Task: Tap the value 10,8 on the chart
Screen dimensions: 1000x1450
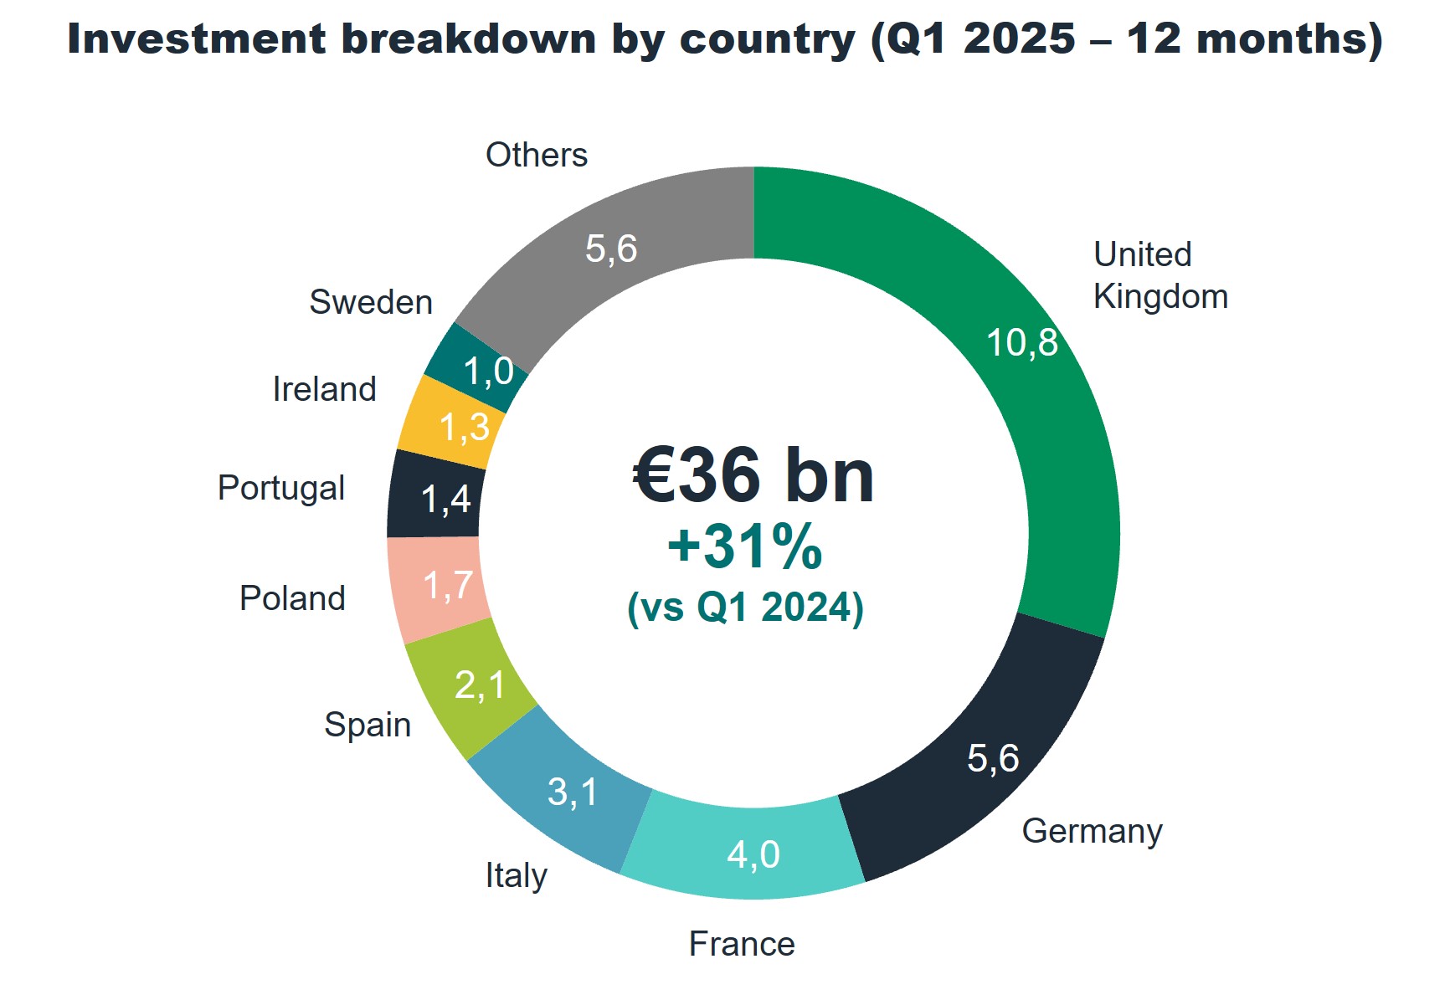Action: point(1021,343)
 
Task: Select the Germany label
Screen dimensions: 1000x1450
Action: point(1092,832)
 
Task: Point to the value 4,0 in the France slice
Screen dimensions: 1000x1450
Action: point(753,854)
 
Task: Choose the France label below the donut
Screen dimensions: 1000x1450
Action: point(742,944)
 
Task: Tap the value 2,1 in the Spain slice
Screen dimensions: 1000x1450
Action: point(480,685)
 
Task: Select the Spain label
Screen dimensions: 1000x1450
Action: point(368,725)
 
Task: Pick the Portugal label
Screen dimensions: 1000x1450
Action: point(281,488)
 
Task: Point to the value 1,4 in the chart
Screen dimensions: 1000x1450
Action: point(445,500)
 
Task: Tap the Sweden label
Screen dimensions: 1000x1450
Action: point(371,302)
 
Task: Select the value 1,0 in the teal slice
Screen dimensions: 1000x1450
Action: point(488,371)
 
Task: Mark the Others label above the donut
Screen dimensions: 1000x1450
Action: point(537,155)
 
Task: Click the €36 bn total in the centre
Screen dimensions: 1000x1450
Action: point(753,475)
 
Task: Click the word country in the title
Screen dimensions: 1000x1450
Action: point(767,39)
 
